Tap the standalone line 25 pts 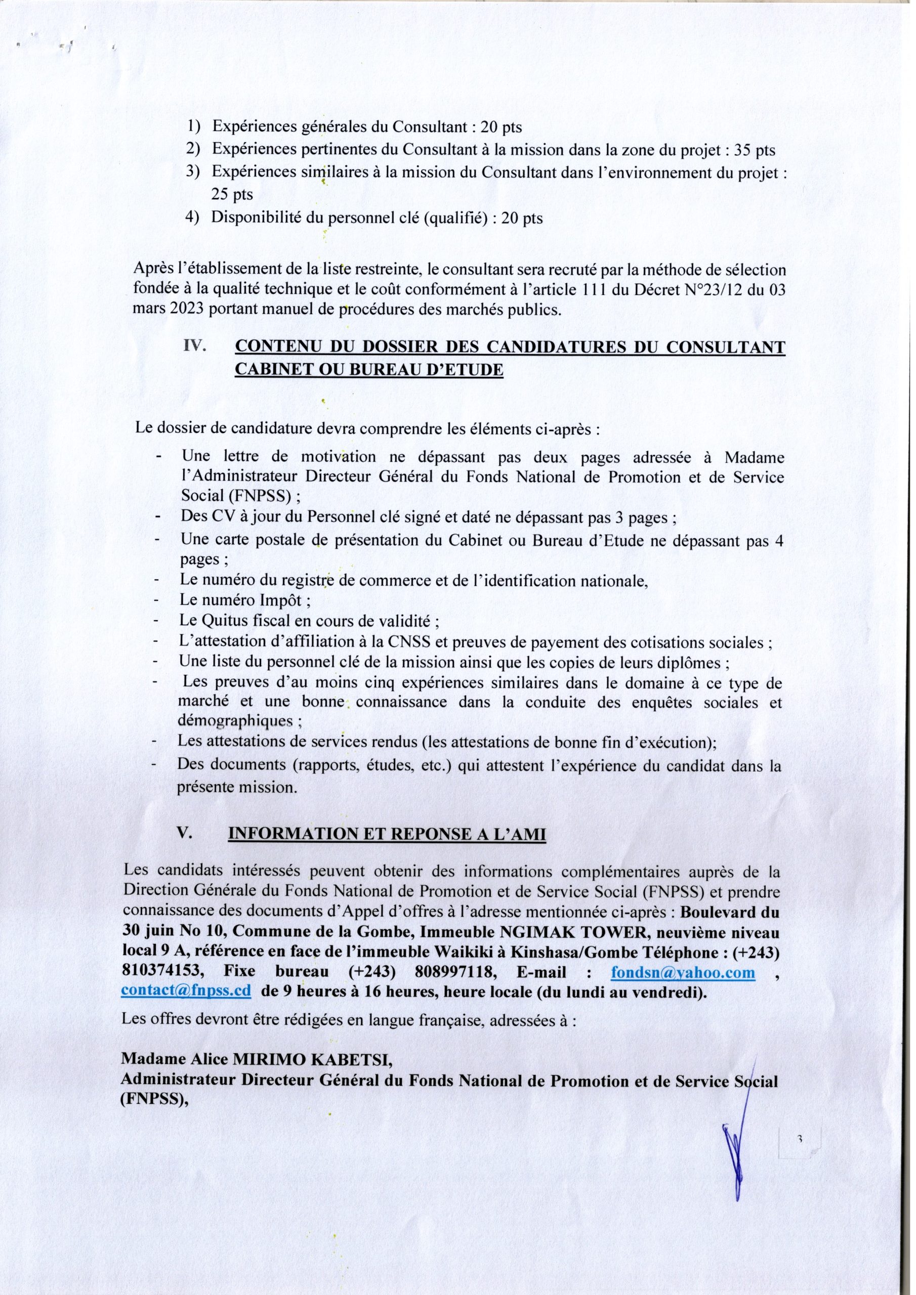click(232, 195)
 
